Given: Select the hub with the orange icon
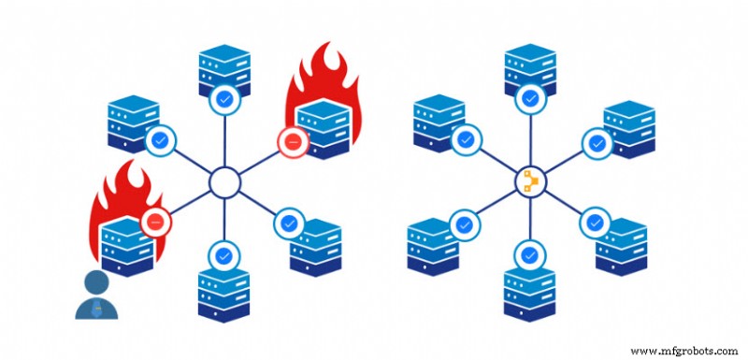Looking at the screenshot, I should (x=529, y=180).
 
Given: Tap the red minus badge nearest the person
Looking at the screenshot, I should (x=155, y=223).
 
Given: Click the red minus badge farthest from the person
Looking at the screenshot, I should (x=291, y=142).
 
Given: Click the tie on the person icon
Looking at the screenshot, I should (x=97, y=308).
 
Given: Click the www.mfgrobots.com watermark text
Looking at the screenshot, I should (x=684, y=351).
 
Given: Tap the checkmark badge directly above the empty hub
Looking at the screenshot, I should (x=224, y=97).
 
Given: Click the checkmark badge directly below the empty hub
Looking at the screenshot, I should (x=224, y=254).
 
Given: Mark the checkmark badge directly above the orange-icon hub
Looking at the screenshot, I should (x=530, y=97).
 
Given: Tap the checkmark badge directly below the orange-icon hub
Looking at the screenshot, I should (x=530, y=254).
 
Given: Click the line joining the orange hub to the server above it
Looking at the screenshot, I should (x=530, y=138).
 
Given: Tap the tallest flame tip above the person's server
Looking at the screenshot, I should (x=131, y=163).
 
